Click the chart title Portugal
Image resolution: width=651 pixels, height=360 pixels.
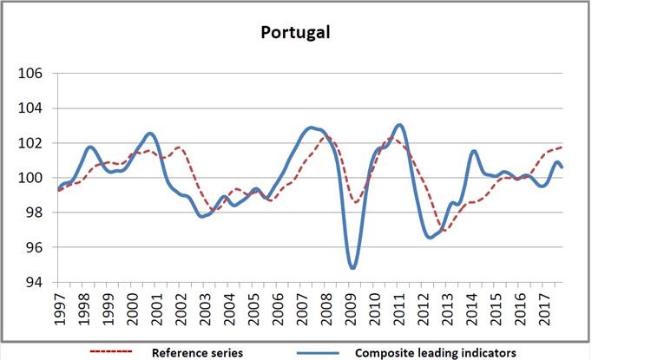coord(296,33)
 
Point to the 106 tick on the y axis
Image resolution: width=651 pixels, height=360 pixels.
coord(31,74)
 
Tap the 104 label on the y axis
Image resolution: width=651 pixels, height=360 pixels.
coord(31,108)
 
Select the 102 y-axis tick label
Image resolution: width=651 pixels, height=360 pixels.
coord(31,143)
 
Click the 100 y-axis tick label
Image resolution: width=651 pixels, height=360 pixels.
coord(31,178)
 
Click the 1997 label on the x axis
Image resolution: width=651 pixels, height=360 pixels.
coord(61,308)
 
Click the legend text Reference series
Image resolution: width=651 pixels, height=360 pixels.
coord(196,352)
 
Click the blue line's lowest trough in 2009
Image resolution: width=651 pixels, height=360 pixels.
coord(352,268)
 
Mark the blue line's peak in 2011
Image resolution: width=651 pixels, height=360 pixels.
coord(398,125)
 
